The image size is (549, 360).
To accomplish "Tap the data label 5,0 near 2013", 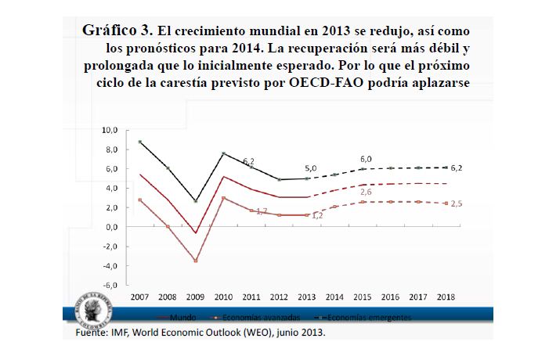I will point(312,168).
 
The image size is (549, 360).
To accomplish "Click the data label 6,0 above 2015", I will point(366,159).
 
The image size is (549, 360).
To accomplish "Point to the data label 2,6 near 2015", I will point(366,192).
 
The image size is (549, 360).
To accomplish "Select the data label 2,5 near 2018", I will point(457,203).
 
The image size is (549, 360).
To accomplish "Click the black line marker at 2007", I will point(139,142).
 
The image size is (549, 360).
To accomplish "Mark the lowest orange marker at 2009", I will point(196,261).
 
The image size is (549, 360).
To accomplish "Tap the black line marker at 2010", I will point(224,153).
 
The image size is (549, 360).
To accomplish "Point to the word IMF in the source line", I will point(118,332).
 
